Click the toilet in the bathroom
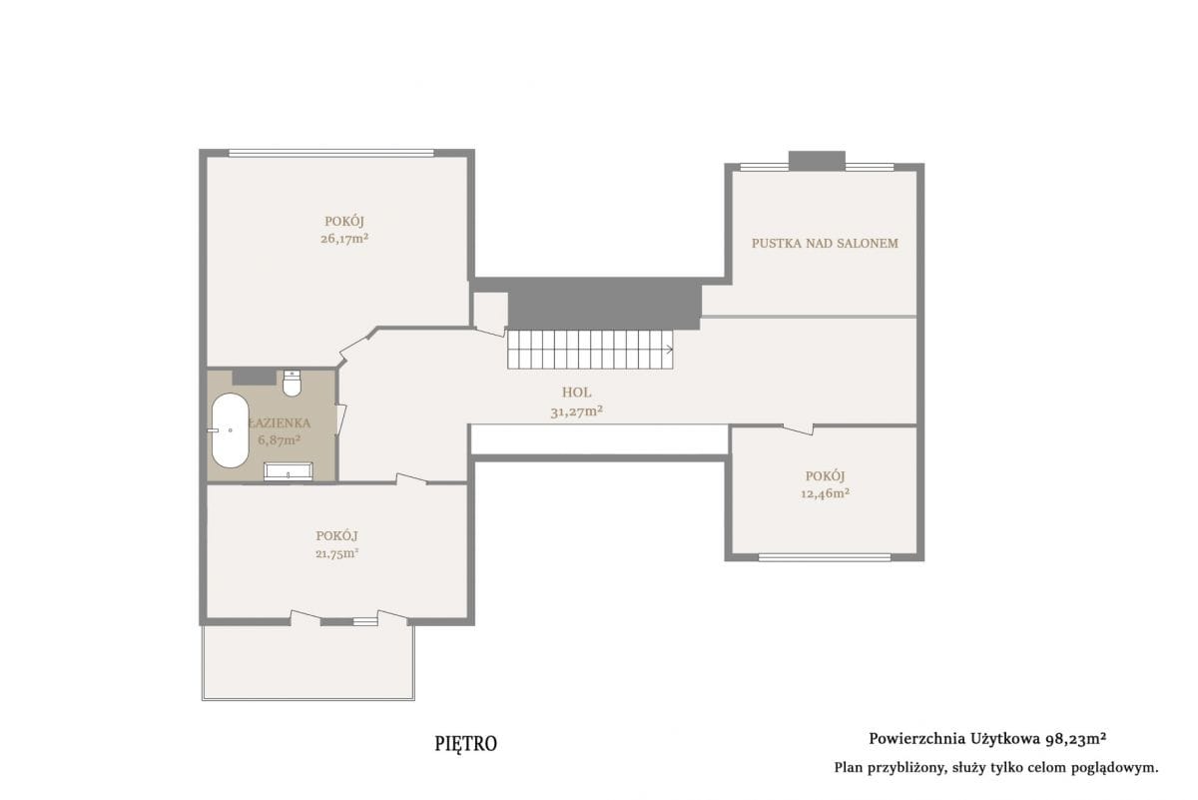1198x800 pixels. [x=292, y=383]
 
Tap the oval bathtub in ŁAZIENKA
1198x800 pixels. [x=230, y=430]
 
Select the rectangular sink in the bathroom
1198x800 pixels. [x=288, y=471]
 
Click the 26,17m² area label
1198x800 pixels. [x=344, y=239]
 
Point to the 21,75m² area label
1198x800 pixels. [x=337, y=553]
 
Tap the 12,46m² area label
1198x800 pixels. [x=826, y=493]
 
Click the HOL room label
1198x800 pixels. [x=577, y=393]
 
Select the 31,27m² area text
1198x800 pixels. [x=577, y=411]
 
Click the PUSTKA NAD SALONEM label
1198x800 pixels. [x=825, y=243]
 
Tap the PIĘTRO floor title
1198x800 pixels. [x=466, y=744]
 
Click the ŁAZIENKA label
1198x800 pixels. [x=280, y=422]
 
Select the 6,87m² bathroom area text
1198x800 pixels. [x=280, y=439]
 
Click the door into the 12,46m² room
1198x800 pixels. [x=798, y=428]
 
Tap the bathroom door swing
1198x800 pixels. [x=341, y=418]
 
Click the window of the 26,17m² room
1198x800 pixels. [x=331, y=153]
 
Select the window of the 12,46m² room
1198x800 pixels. [x=825, y=557]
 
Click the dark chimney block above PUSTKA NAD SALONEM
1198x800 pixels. [x=818, y=161]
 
